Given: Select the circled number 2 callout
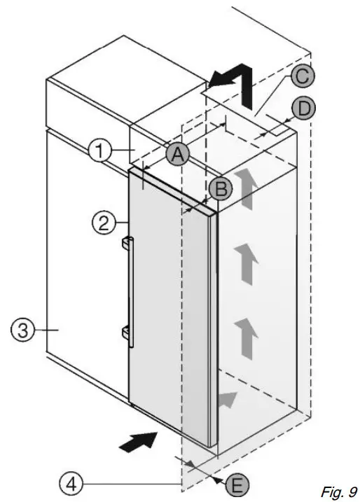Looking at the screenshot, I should (103, 223).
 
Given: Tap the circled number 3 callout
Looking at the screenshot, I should (22, 330).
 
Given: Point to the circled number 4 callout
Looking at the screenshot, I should (70, 482).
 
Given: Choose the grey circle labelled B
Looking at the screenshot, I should (219, 187).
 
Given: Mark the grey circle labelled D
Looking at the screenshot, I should (303, 108).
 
